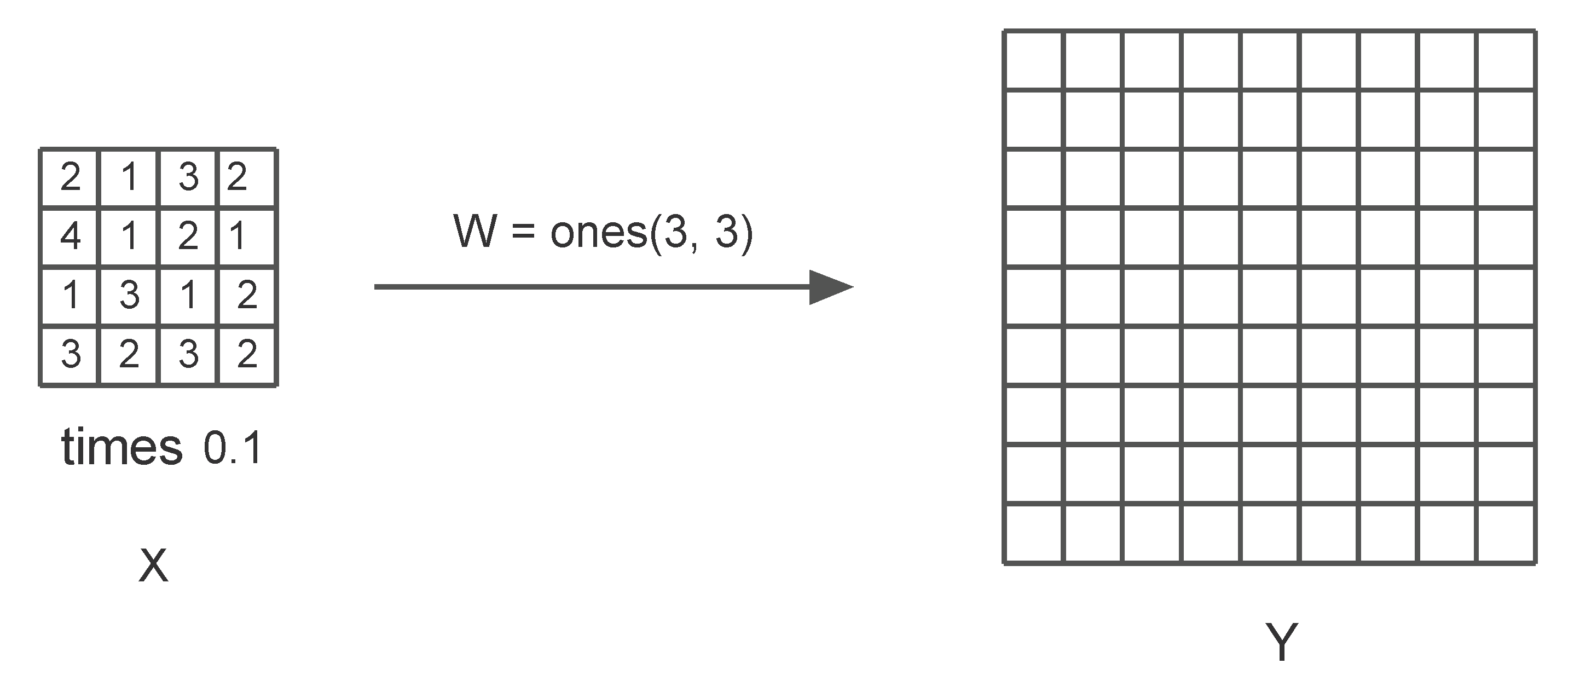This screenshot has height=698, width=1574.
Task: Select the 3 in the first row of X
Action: pos(188,177)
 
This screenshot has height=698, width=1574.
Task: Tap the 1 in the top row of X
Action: pos(129,177)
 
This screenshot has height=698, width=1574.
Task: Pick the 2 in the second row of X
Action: pos(188,236)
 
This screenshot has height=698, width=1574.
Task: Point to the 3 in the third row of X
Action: pos(129,295)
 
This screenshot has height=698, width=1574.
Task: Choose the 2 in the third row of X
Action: pos(247,295)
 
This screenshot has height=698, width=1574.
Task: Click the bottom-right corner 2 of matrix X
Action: pos(247,354)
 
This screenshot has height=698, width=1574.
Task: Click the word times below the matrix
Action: pos(121,447)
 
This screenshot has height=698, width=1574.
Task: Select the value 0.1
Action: pos(233,448)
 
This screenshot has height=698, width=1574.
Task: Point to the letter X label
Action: pos(153,566)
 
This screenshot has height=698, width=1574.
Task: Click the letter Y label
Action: pos(1281,642)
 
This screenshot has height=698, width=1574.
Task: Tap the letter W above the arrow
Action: pos(474,232)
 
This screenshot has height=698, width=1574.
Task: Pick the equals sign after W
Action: pos(523,232)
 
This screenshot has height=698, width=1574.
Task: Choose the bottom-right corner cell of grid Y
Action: pos(1507,534)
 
